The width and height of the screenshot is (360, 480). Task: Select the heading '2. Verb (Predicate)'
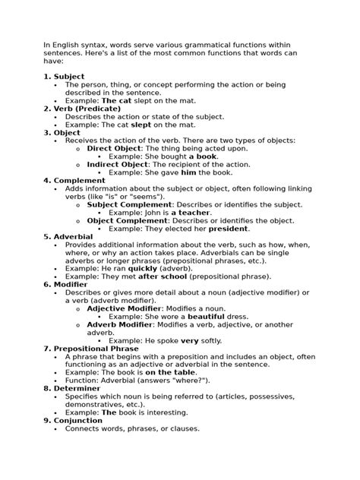pyautogui.click(x=86, y=109)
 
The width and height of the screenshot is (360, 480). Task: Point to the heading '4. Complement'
pyautogui.click(x=74, y=180)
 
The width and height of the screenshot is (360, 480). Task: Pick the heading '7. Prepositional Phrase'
pyautogui.click(x=96, y=348)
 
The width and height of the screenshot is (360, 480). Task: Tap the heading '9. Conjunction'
pyautogui.click(x=78, y=419)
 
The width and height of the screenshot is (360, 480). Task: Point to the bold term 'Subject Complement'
pyautogui.click(x=130, y=204)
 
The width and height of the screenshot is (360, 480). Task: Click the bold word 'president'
pyautogui.click(x=229, y=228)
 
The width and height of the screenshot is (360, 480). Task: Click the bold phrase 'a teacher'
pyautogui.click(x=193, y=212)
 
